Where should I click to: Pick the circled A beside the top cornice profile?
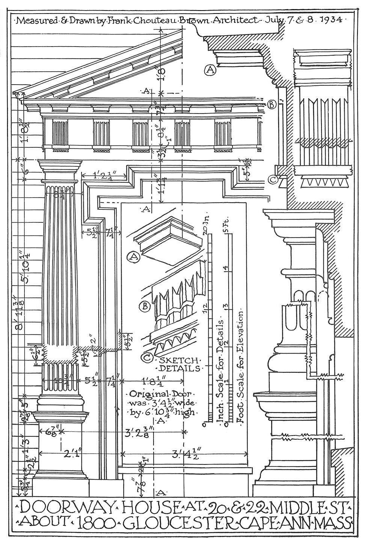(x=210, y=70)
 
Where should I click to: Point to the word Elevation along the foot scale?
(x=241, y=331)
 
